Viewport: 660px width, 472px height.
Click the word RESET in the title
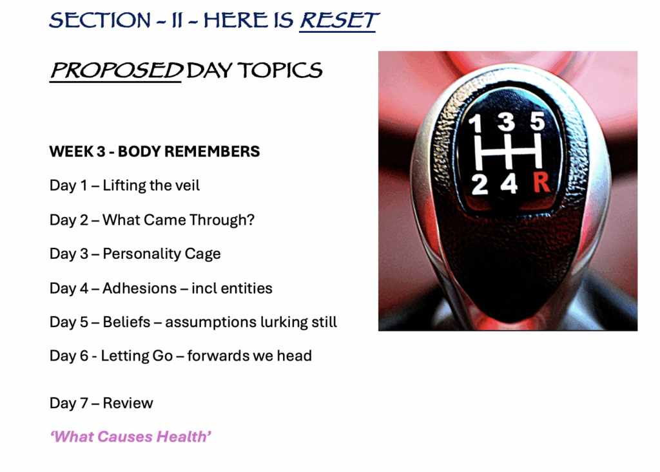(x=339, y=21)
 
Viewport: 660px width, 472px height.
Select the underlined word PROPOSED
(x=117, y=70)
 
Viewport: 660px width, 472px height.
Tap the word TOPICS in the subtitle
(x=280, y=70)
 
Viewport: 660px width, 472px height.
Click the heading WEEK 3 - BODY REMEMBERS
(x=155, y=151)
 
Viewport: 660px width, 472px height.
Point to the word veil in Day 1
(x=187, y=185)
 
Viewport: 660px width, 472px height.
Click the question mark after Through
(x=251, y=220)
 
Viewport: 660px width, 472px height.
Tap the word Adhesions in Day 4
(x=140, y=288)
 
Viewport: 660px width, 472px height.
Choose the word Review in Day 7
(x=128, y=403)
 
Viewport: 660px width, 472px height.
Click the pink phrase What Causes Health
(x=130, y=437)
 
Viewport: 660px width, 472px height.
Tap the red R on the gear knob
(x=541, y=182)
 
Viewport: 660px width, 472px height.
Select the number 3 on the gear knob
(x=506, y=121)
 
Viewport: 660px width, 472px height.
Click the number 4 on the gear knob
(x=509, y=184)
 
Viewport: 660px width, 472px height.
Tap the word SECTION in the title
(x=100, y=21)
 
